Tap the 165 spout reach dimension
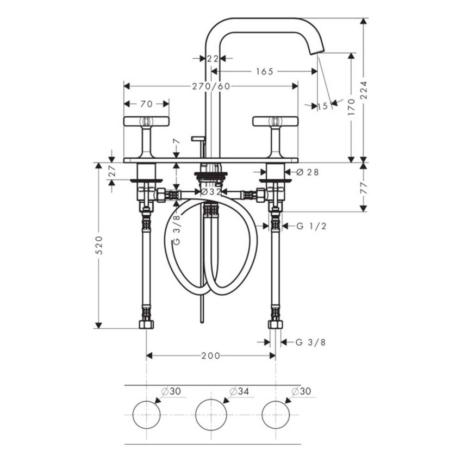pos(264,71)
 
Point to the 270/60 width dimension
pos(210,86)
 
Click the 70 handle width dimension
pos(146,103)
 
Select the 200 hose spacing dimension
pos(210,355)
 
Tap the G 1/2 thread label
pos(311,226)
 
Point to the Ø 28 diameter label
pos(308,172)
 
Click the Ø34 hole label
pos(239,391)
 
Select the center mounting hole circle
pos(210,414)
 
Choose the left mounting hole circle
pos(146,414)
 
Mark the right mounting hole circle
pos(275,414)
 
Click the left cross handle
pos(146,121)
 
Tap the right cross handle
pos(275,121)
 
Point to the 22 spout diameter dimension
pos(213,58)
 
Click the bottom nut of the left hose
pos(146,324)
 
